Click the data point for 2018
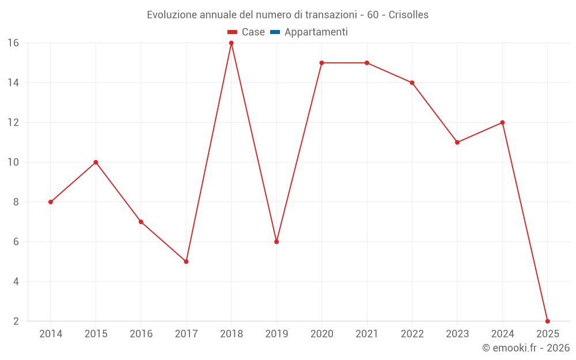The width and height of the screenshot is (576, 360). click(232, 43)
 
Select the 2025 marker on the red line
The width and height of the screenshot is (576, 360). click(547, 321)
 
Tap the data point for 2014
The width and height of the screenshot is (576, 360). click(51, 202)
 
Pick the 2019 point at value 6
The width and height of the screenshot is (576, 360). click(276, 242)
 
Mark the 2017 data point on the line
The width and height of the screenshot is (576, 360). click(186, 262)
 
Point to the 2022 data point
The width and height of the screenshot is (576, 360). click(412, 83)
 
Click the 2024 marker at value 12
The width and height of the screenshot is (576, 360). click(502, 123)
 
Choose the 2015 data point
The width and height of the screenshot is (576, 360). click(96, 162)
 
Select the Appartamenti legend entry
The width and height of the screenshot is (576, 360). click(316, 32)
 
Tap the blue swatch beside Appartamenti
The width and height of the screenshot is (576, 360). click(275, 32)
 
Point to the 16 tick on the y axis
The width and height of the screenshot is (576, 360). click(13, 43)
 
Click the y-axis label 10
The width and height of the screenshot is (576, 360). click(13, 162)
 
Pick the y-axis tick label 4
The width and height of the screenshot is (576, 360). click(16, 282)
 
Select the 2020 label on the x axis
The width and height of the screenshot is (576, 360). click(321, 334)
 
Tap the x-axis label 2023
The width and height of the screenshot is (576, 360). click(457, 334)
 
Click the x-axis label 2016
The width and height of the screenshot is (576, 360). click(141, 334)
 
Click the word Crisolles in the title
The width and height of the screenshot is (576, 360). click(408, 15)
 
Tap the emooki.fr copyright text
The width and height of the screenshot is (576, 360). click(526, 348)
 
